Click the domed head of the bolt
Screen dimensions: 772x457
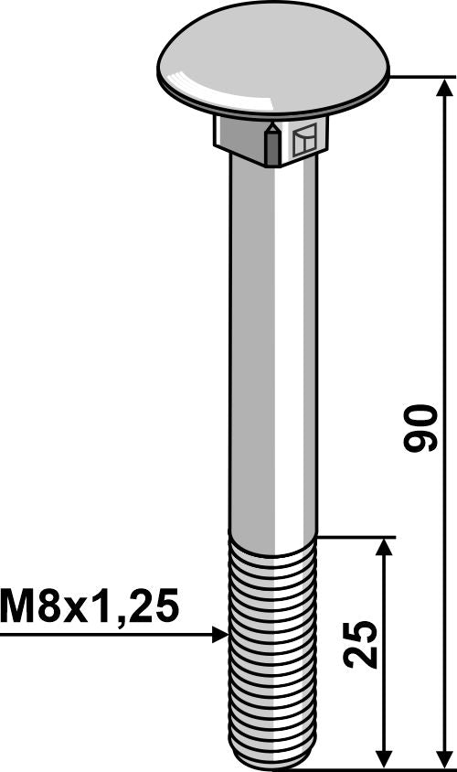272,64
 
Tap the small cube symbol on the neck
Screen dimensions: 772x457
305,141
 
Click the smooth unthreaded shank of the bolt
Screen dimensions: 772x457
271,348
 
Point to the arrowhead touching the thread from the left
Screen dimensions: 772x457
219,634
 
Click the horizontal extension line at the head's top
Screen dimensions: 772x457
420,79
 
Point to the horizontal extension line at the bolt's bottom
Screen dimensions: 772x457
366,768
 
